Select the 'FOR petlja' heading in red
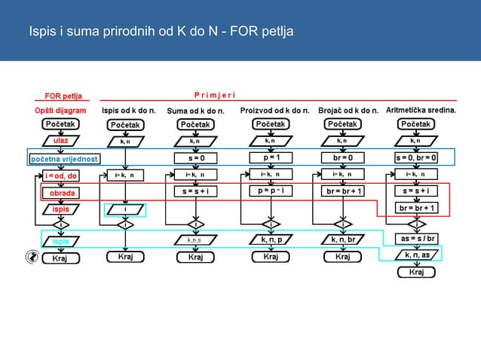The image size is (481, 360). [x=63, y=96]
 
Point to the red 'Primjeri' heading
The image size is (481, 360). [x=214, y=96]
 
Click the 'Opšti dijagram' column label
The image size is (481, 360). [x=60, y=110]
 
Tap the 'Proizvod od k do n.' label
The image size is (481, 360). [x=274, y=110]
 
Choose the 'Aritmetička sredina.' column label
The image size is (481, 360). [x=420, y=110]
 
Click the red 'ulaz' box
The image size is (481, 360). [x=60, y=140]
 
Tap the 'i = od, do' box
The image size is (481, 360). [x=60, y=175]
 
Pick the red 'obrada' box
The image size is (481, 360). [x=60, y=193]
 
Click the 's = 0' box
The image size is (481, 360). [x=195, y=158]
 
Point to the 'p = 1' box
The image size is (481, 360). [x=271, y=157]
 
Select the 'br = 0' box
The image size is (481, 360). [x=343, y=158]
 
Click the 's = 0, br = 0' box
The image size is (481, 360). [x=415, y=158]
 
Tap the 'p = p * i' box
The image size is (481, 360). [x=271, y=191]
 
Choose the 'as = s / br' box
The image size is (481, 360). [x=416, y=239]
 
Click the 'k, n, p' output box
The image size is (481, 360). [x=271, y=239]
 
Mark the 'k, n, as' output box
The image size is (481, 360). [x=416, y=255]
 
